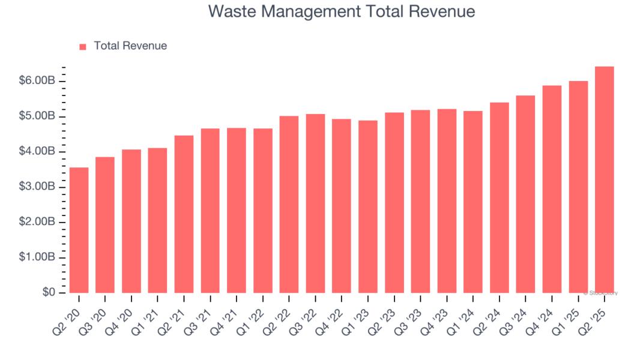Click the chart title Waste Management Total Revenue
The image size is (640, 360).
tap(342, 11)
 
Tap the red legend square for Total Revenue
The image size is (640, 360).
tap(83, 46)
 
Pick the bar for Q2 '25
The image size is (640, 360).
tap(605, 179)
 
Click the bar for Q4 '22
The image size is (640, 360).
tap(342, 206)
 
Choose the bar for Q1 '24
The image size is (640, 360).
tap(473, 202)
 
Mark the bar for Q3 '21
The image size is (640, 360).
tap(211, 211)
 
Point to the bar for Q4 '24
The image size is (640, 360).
tap(552, 189)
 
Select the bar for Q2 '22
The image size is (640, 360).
tap(289, 204)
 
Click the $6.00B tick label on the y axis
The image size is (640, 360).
tap(38, 81)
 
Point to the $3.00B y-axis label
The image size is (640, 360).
tap(38, 187)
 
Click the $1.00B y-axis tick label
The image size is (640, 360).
tap(38, 257)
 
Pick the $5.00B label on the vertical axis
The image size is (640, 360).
tap(38, 116)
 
